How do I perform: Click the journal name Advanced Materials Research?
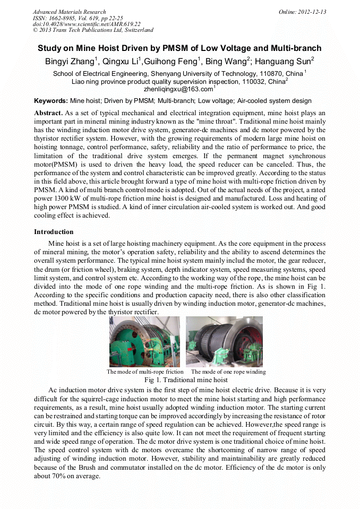pos(69,12)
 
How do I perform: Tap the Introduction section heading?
pos(54,232)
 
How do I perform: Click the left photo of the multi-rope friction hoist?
pos(145,342)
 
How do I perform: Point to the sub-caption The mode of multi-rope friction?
pos(145,372)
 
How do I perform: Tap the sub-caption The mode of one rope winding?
pos(228,372)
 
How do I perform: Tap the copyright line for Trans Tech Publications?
pos(93,30)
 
